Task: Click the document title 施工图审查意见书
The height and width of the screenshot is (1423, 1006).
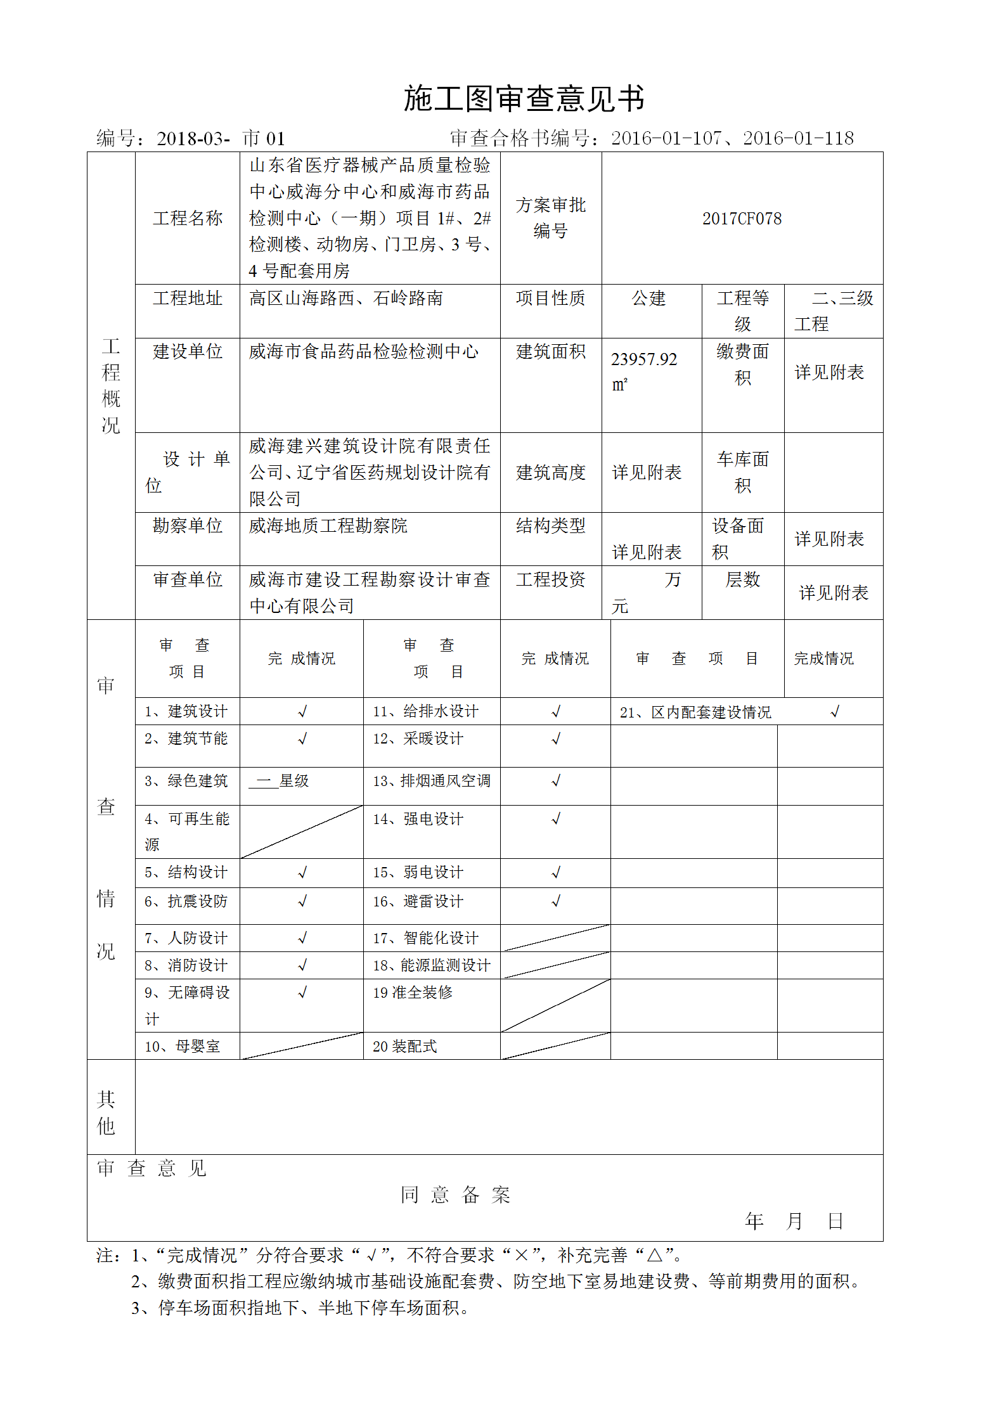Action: tap(524, 99)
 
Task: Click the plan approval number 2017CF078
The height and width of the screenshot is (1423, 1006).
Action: tap(742, 219)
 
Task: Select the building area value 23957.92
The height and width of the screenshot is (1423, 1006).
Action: tap(643, 359)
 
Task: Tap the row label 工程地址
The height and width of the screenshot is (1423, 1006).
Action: tap(187, 299)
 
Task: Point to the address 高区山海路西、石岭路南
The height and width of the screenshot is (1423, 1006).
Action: tap(345, 299)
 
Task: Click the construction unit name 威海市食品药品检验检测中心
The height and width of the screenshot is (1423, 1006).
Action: tap(363, 352)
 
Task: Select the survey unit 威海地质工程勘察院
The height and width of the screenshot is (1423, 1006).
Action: tap(328, 526)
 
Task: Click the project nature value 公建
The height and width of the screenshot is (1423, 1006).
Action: tap(648, 299)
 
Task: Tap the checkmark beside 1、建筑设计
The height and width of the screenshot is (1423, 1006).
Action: tap(302, 712)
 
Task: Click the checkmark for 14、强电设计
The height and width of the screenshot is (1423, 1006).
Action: tap(556, 819)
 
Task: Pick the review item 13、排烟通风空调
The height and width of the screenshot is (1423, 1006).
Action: tap(431, 781)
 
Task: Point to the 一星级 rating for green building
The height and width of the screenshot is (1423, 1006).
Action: tap(280, 781)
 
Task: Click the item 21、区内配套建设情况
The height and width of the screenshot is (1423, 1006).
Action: tap(695, 712)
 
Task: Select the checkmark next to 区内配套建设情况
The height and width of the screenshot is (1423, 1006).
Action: tap(835, 712)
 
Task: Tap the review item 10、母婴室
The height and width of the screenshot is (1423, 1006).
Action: tap(182, 1046)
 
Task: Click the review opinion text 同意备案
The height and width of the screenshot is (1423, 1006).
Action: tap(455, 1195)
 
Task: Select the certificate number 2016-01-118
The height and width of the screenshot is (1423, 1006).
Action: tap(798, 138)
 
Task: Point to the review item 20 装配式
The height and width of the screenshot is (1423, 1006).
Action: tap(404, 1046)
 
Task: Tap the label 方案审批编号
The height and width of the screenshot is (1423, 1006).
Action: tap(550, 218)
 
